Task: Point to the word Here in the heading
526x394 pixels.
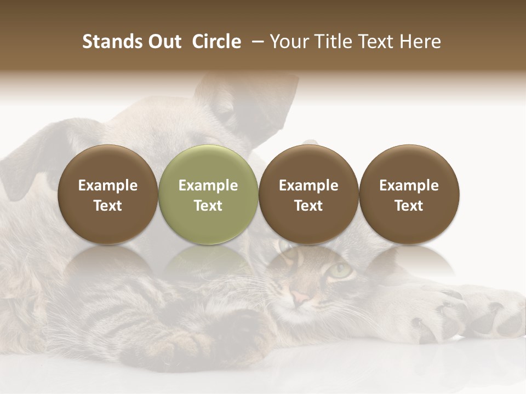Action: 420,42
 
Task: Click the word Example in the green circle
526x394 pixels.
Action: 208,186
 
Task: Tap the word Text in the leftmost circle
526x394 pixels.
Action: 108,206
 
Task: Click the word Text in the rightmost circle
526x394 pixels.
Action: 409,206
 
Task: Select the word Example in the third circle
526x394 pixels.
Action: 308,186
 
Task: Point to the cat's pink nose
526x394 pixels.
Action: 300,298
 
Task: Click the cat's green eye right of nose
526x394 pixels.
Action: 341,270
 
